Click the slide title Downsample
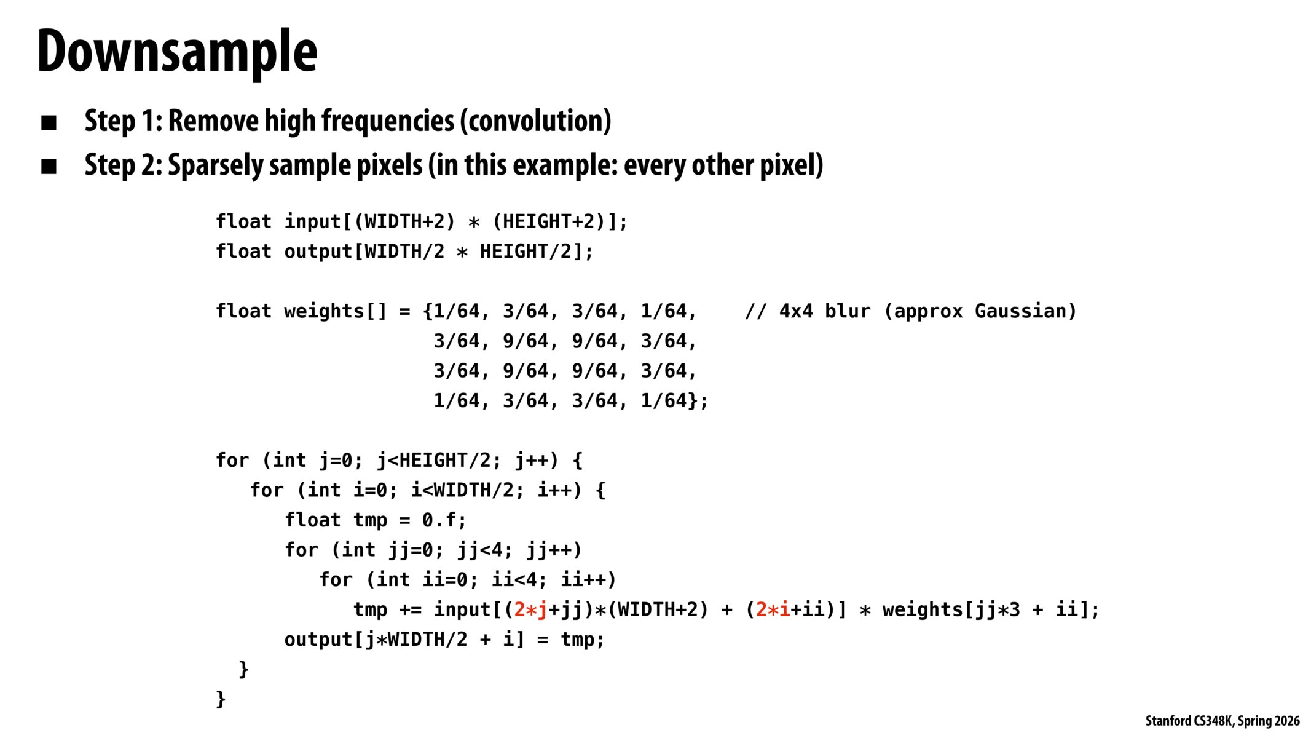coord(177,52)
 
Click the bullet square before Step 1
coord(49,122)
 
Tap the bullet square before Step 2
coord(49,167)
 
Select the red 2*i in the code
coord(773,609)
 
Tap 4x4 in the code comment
coord(796,311)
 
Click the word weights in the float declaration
coord(324,311)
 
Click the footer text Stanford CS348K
coord(1189,721)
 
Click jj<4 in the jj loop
coord(481,550)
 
